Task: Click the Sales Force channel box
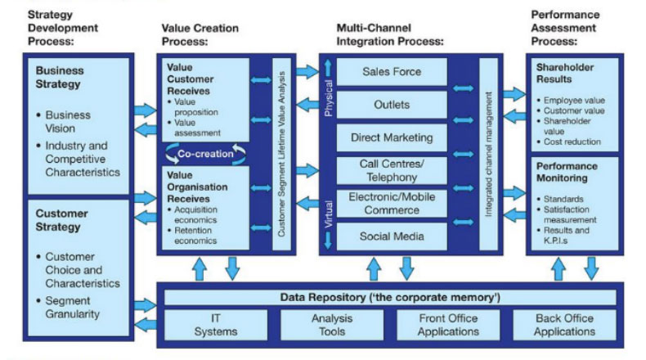coord(392,72)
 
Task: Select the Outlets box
coord(392,105)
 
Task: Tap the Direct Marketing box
coord(392,137)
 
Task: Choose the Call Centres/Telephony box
coord(392,170)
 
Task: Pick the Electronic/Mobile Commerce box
coord(392,203)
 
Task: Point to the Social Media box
coord(392,236)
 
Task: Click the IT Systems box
coord(214,325)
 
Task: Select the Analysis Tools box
coord(331,325)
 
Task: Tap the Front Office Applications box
coord(447,325)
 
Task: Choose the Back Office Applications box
coord(564,325)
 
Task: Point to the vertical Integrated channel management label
coord(489,153)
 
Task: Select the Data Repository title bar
coord(389,296)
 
